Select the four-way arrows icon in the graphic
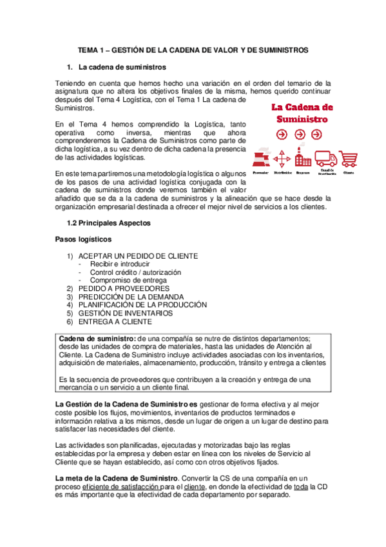[282, 159]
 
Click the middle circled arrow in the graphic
[300, 134]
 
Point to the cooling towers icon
[261, 159]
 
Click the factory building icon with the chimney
[303, 159]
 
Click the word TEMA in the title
[89, 49]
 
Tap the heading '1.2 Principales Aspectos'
[109, 223]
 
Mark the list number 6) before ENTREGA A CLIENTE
[70, 321]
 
